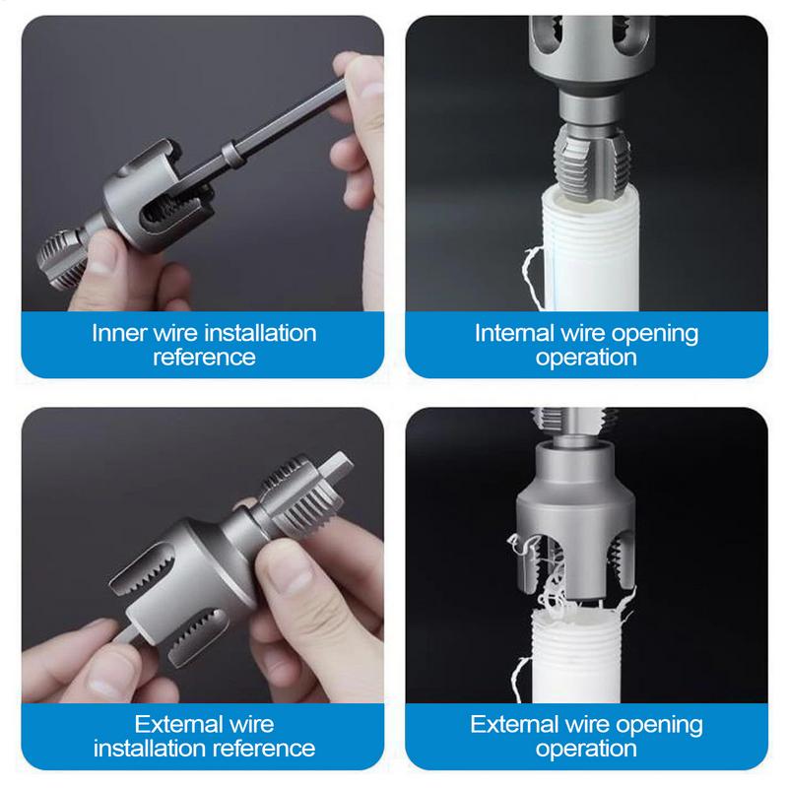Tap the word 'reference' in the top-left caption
point(203,357)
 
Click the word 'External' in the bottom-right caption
point(512,725)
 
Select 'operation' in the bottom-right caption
point(586,749)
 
